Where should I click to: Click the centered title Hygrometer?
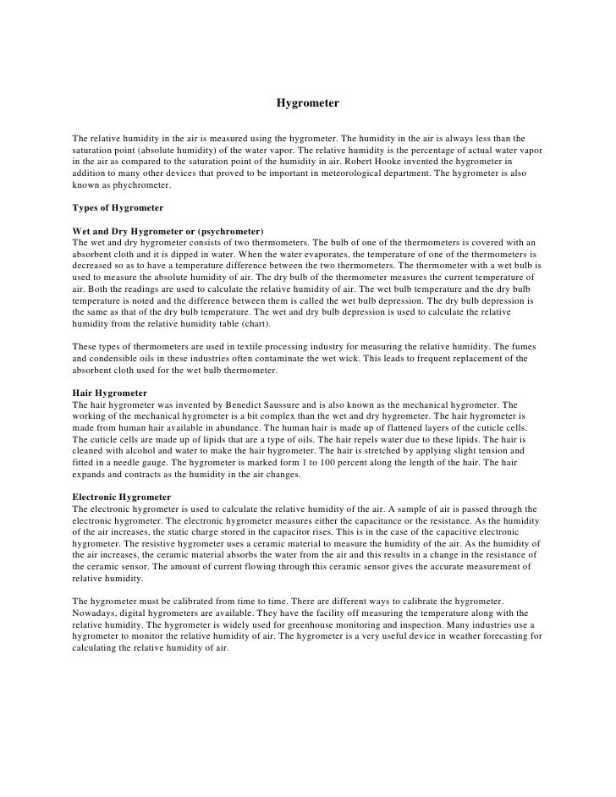click(307, 103)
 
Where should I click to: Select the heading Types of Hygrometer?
click(118, 207)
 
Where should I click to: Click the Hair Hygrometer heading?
click(110, 393)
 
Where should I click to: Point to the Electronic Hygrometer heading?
click(122, 496)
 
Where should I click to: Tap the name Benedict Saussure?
click(268, 405)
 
